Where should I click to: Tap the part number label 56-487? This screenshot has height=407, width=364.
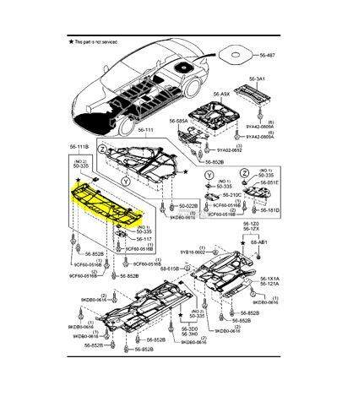click(x=268, y=55)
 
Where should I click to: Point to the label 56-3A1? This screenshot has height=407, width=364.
click(x=256, y=78)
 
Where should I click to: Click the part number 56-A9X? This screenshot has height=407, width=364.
click(x=221, y=94)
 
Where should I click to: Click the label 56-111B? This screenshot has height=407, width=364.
click(x=81, y=147)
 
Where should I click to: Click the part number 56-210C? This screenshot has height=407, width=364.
click(x=221, y=194)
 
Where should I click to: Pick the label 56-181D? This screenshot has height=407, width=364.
click(x=270, y=210)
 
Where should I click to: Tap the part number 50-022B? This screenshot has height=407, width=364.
click(x=188, y=205)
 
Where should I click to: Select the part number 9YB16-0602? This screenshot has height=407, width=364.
click(x=193, y=252)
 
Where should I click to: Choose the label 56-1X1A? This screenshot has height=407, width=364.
click(x=269, y=279)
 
